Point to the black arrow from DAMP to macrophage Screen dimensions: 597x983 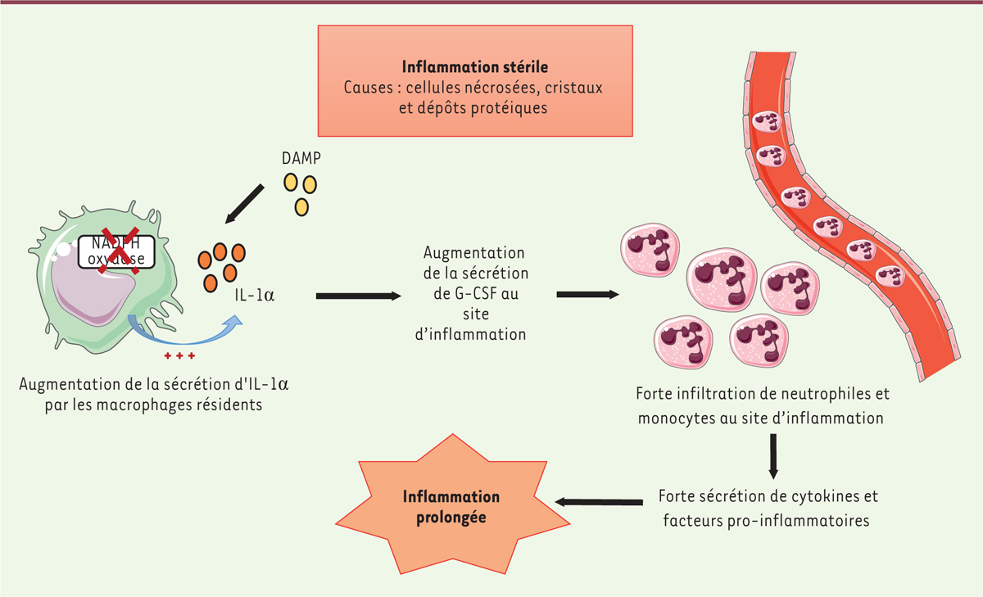point(245,204)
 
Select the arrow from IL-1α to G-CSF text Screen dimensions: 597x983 point(356,295)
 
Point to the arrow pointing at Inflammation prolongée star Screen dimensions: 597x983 point(598,502)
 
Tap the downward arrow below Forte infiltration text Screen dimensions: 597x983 point(772,456)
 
